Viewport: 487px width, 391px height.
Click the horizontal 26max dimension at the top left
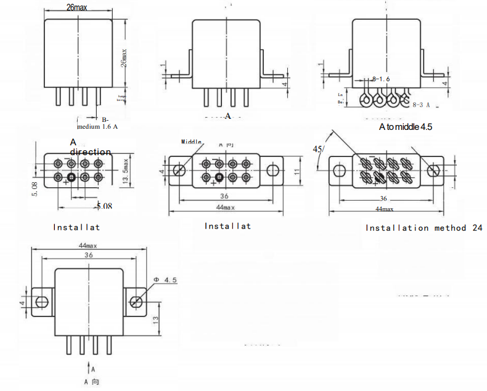76,8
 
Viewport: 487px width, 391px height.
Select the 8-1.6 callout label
381,79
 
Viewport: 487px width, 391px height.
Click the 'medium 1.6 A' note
97,127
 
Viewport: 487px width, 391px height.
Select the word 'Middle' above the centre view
191,142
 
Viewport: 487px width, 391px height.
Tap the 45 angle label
318,149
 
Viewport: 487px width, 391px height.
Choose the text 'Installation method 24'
424,228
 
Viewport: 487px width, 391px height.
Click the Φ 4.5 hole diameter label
165,280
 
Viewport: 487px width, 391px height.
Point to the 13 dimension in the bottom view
157,321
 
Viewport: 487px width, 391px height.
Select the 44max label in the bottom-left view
88,245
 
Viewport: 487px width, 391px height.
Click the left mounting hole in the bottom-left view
42,302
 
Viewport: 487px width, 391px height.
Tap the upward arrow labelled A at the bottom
86,369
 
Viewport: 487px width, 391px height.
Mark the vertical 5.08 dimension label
35,188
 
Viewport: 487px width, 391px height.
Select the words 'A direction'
90,147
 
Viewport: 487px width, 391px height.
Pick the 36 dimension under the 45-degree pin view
383,199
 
